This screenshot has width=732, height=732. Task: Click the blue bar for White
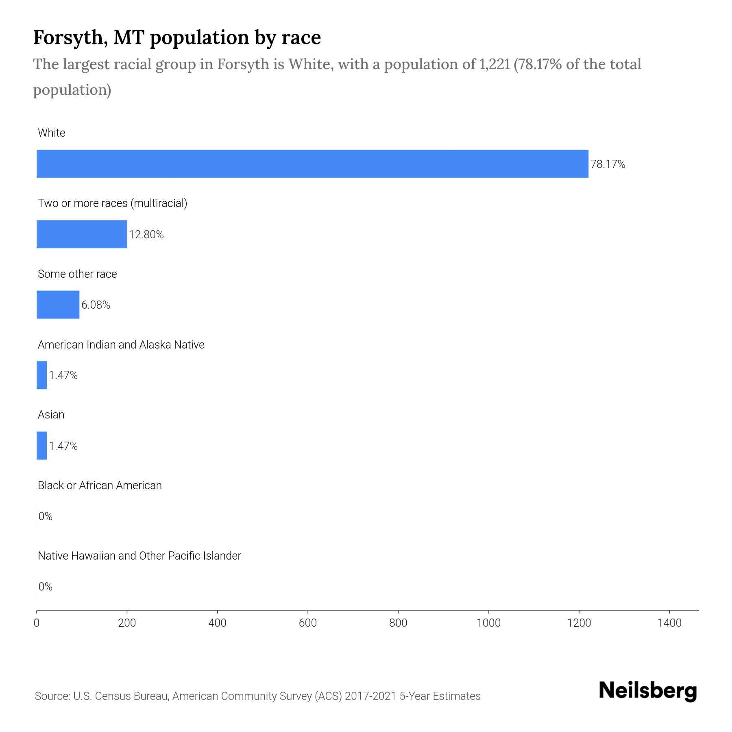[x=312, y=164]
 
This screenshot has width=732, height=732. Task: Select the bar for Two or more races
[x=82, y=234]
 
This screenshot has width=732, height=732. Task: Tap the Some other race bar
[x=58, y=305]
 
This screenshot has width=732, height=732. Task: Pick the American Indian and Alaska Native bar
[x=42, y=375]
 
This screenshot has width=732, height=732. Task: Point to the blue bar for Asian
[x=42, y=446]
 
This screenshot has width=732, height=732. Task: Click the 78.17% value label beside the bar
[x=608, y=164]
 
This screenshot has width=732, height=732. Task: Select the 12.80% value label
[x=146, y=235]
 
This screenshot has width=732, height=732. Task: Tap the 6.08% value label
[x=96, y=305]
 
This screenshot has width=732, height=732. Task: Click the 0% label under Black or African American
[x=46, y=516]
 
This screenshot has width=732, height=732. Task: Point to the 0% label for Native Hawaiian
[x=46, y=587]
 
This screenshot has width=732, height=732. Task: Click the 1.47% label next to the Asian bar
[x=63, y=446]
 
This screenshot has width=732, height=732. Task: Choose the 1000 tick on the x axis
[x=488, y=623]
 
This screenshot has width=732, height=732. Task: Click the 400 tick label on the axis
[x=217, y=623]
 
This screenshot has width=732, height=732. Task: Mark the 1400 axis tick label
[x=669, y=623]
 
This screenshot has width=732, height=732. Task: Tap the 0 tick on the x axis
[x=37, y=623]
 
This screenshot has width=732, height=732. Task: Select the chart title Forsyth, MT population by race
[x=177, y=37]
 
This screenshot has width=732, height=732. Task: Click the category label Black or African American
[x=100, y=486]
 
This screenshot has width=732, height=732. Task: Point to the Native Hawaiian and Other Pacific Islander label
[x=139, y=556]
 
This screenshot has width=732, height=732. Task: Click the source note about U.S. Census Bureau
[x=257, y=696]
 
